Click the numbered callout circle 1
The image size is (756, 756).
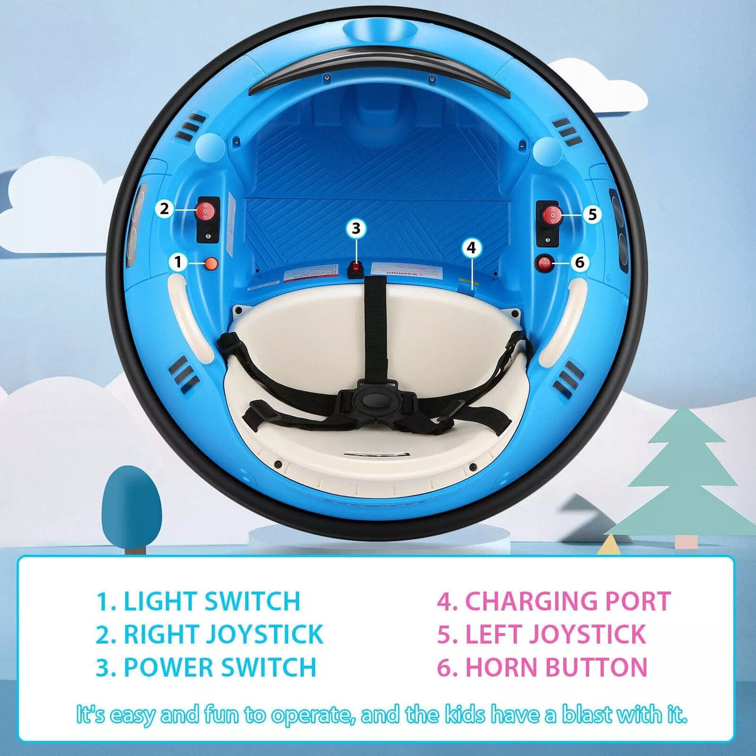[x=178, y=262]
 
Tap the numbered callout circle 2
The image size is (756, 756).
[x=164, y=208]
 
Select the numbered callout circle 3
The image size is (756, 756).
[x=356, y=229]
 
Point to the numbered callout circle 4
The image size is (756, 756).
[x=471, y=248]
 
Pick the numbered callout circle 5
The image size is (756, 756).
[x=592, y=214]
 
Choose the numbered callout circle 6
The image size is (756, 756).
[x=579, y=262]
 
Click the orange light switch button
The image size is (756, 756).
[x=212, y=263]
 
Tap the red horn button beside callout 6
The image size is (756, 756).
[x=546, y=263]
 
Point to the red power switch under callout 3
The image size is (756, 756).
[x=356, y=268]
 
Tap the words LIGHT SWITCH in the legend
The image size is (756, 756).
[x=212, y=602]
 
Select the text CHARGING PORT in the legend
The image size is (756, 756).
[x=567, y=602]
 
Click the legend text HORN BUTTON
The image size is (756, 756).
[x=556, y=668]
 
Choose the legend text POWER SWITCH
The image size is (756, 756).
[x=220, y=668]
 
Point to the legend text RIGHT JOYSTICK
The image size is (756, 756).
[x=223, y=635]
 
